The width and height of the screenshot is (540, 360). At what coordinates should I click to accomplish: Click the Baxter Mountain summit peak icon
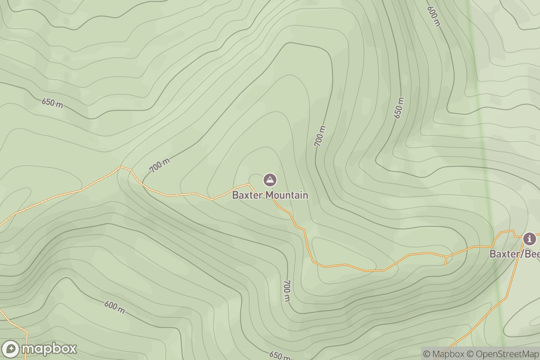(270, 180)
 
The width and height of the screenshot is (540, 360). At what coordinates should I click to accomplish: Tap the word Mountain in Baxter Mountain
(287, 195)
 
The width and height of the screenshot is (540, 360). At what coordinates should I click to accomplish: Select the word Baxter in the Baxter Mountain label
(247, 195)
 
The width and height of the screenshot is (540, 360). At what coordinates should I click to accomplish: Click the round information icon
(530, 238)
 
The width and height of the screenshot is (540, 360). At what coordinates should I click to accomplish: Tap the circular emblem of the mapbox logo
(11, 349)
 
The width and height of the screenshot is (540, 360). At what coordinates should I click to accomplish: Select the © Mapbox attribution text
(443, 354)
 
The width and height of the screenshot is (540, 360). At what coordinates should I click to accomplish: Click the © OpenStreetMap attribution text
(502, 354)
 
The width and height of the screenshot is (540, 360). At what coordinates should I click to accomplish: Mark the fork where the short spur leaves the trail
(446, 256)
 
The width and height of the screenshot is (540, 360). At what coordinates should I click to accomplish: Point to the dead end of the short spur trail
(445, 265)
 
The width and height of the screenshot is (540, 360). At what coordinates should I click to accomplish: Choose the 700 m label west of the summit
(160, 166)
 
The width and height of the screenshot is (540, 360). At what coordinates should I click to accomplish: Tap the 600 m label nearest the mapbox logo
(115, 307)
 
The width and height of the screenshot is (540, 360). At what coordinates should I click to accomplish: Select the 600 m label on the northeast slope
(434, 16)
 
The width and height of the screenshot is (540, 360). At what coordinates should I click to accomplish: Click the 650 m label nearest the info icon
(399, 108)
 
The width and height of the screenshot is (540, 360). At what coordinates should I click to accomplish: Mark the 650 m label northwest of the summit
(52, 103)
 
